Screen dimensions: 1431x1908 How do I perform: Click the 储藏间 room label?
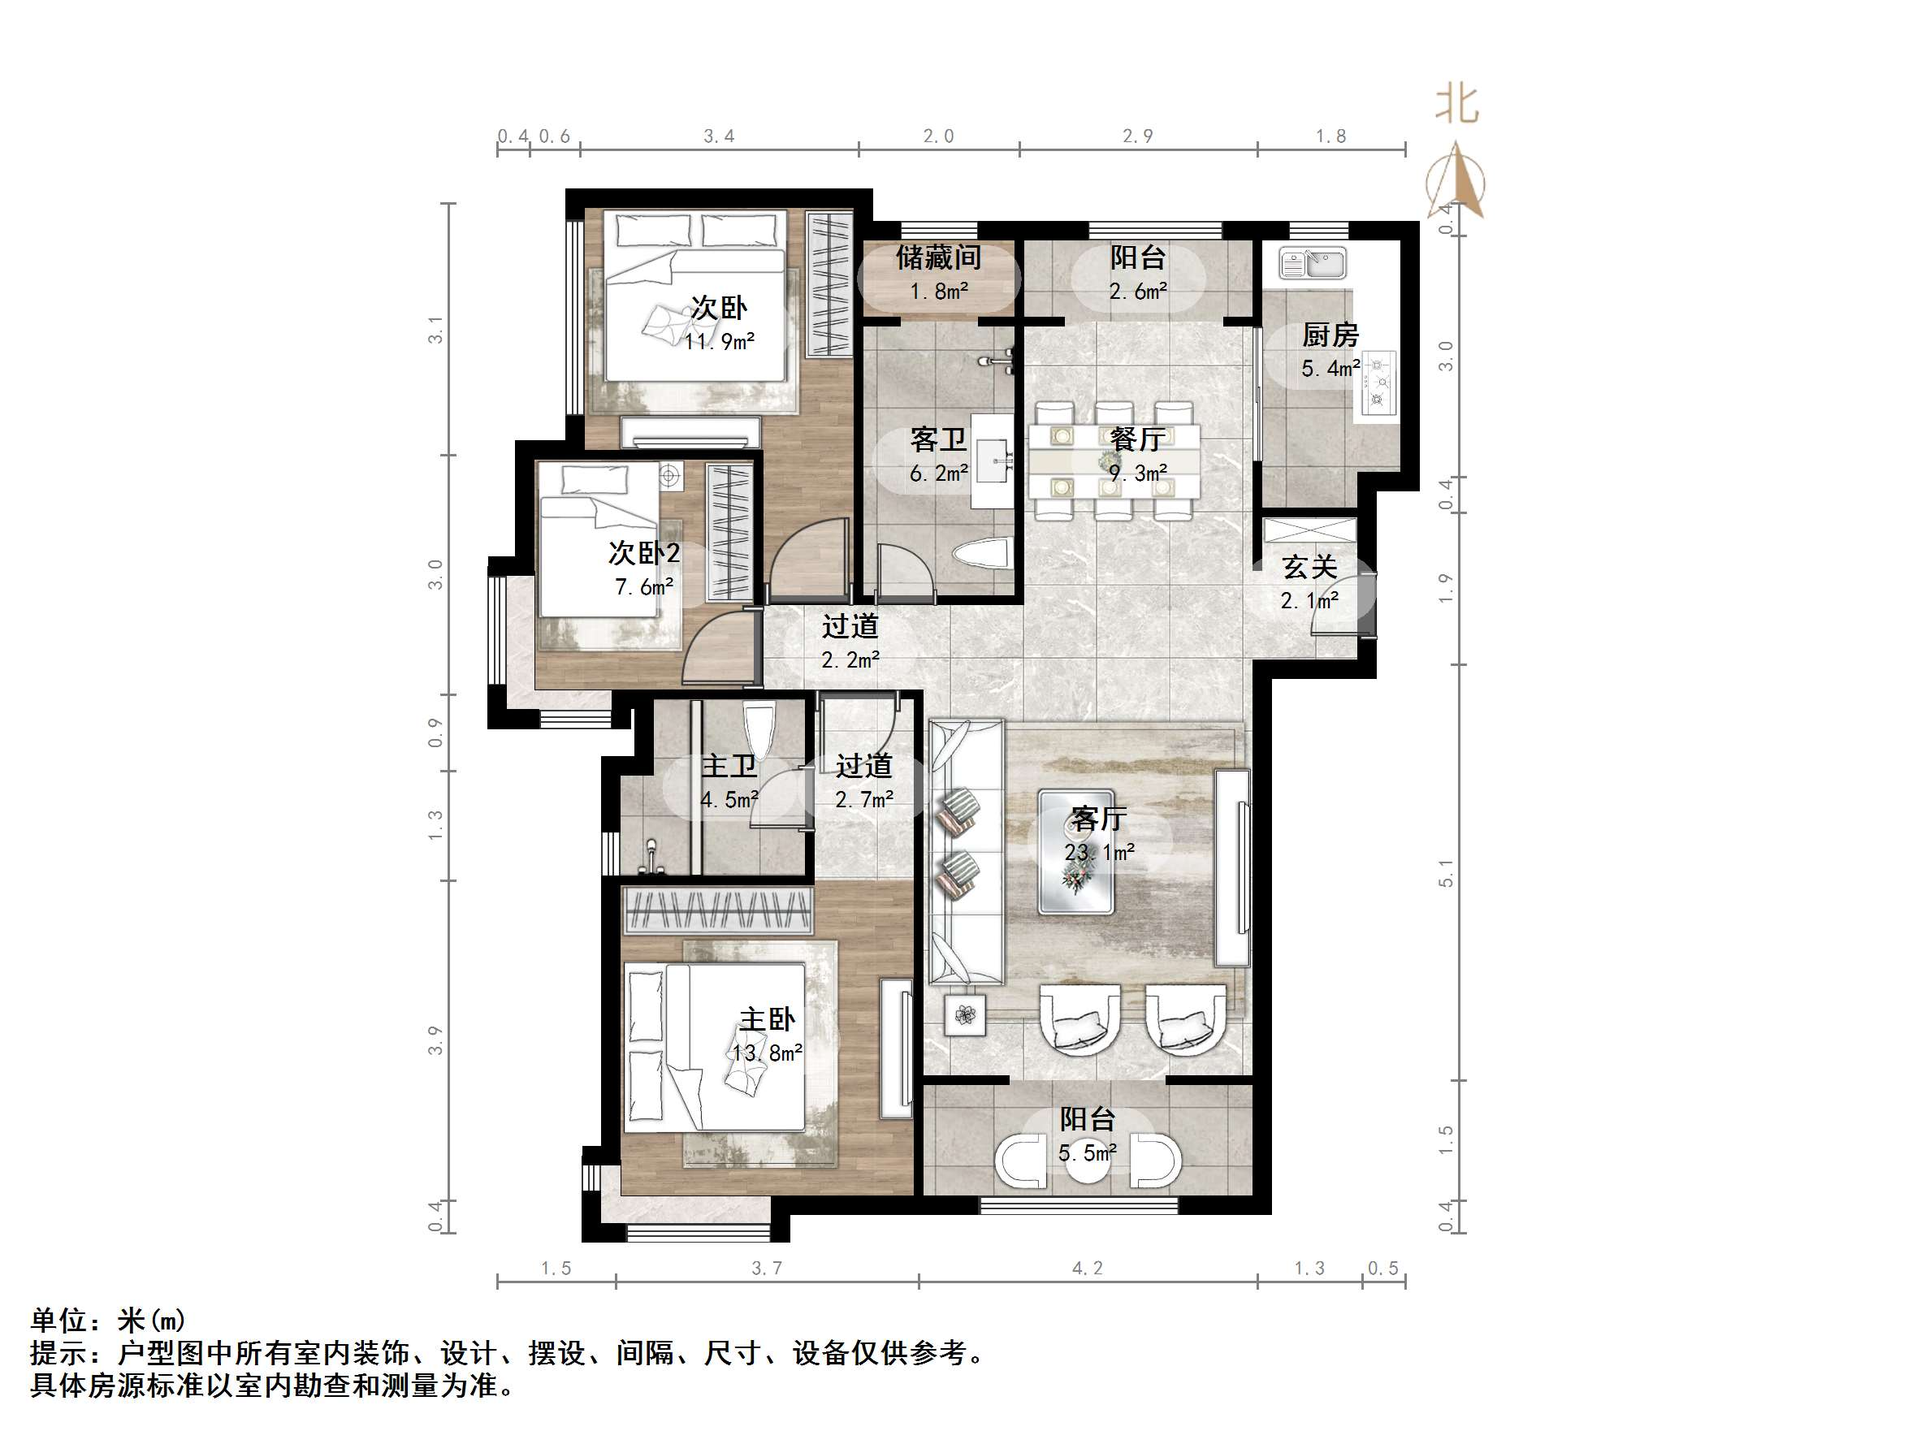(x=937, y=257)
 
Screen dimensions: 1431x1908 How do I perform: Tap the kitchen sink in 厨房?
(x=1313, y=264)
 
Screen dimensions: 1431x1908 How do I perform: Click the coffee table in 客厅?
(x=1076, y=852)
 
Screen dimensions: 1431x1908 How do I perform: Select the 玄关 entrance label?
(x=1309, y=567)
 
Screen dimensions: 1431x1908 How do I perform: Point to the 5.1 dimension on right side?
(x=1447, y=873)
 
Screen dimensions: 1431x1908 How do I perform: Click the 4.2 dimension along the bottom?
(x=1087, y=1268)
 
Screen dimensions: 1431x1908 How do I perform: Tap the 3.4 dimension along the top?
(x=719, y=136)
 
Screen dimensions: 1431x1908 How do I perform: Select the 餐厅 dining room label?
(x=1138, y=439)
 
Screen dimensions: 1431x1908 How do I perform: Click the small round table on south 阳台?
(x=1087, y=1164)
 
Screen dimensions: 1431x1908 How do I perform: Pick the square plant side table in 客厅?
(x=965, y=1015)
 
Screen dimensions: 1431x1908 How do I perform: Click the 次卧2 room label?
(x=643, y=553)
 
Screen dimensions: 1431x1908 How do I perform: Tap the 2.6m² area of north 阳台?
(x=1138, y=292)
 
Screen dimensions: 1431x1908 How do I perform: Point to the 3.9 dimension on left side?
(x=435, y=1040)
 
